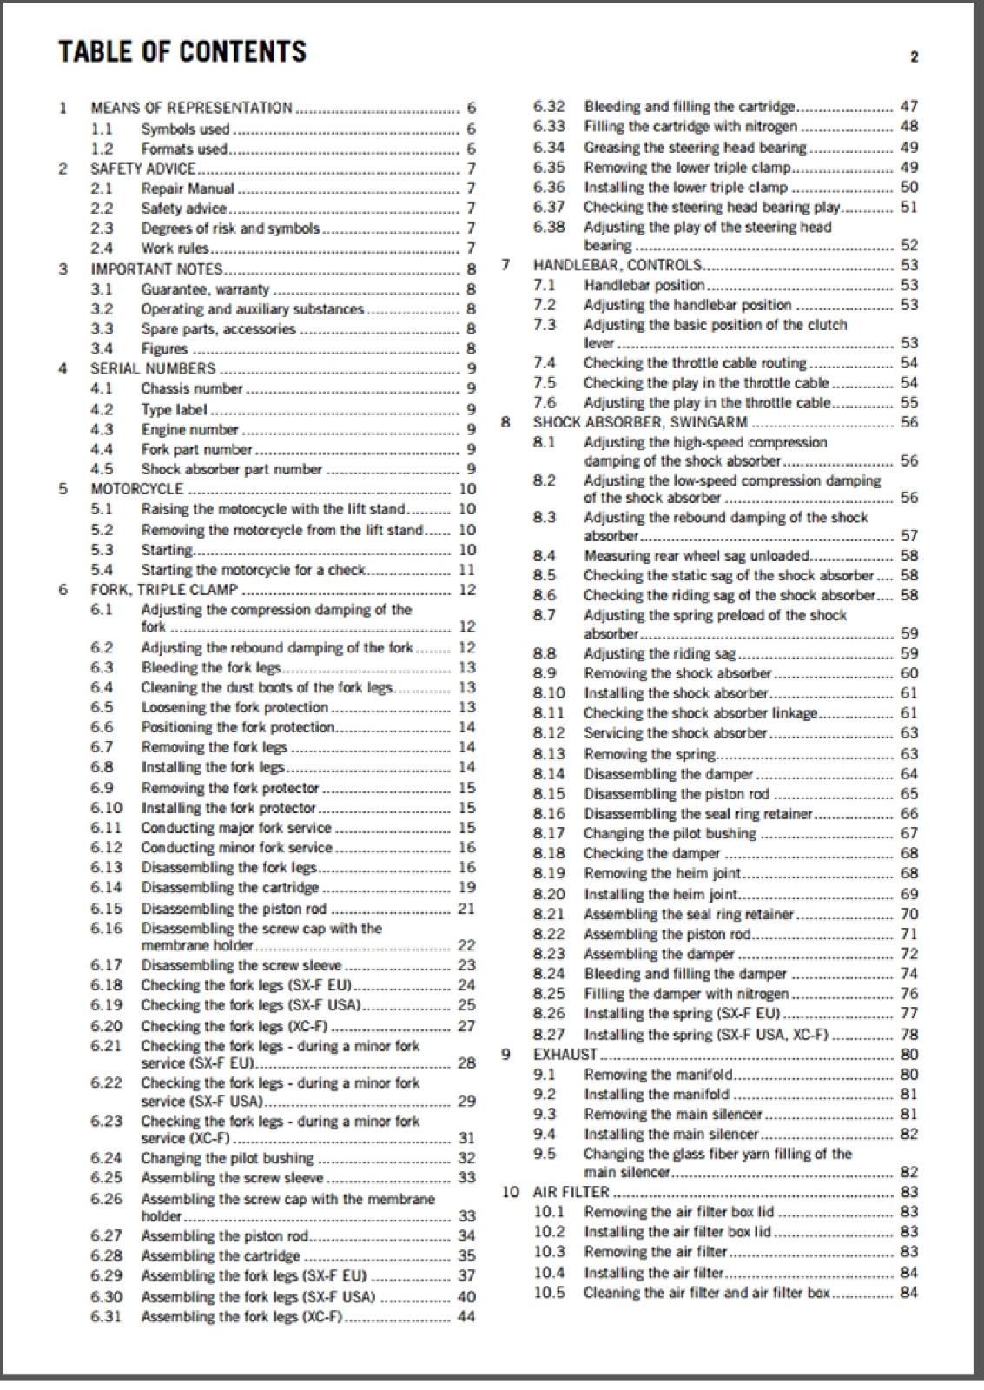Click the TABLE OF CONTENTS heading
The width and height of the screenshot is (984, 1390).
click(x=182, y=52)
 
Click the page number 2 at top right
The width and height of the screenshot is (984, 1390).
click(x=914, y=57)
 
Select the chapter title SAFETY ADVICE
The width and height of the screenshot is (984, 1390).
click(x=142, y=169)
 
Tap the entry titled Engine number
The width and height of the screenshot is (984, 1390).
click(x=189, y=429)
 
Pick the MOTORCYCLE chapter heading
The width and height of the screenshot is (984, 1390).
click(x=136, y=488)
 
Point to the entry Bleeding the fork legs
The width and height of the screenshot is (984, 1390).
click(x=210, y=667)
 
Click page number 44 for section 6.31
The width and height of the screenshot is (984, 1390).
click(x=466, y=1316)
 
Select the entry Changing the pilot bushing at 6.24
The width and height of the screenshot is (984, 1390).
click(x=227, y=1158)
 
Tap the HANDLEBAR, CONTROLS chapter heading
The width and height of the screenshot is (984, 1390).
click(x=617, y=265)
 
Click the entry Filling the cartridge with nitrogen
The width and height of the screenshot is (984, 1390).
click(x=690, y=126)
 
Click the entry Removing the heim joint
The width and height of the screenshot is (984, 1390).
click(x=662, y=873)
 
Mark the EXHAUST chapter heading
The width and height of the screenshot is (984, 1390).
click(x=565, y=1054)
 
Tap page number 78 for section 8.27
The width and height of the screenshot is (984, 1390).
click(x=908, y=1034)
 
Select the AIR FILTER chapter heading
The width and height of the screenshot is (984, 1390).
click(x=571, y=1191)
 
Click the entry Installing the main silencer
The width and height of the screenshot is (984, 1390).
click(x=670, y=1134)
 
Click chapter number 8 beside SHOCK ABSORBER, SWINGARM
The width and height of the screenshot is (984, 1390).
click(x=505, y=422)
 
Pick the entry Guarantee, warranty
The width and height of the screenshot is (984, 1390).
click(x=205, y=289)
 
